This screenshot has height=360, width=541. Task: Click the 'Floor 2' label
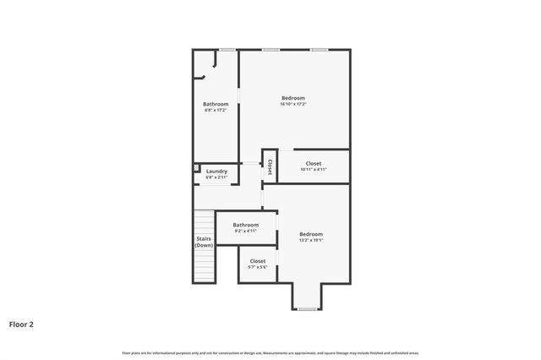pyautogui.click(x=21, y=324)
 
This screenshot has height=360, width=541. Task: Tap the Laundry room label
pyautogui.click(x=216, y=172)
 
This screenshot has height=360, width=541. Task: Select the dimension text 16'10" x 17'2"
pyautogui.click(x=293, y=104)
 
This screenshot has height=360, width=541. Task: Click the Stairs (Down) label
pyautogui.click(x=204, y=242)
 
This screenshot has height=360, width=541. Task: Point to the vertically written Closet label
pyautogui.click(x=270, y=166)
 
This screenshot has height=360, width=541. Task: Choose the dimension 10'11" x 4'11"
pyautogui.click(x=313, y=169)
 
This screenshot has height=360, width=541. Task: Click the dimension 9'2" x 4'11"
pyautogui.click(x=246, y=231)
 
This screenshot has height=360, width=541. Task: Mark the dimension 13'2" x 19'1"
pyautogui.click(x=311, y=240)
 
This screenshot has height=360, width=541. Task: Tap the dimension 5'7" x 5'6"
pyautogui.click(x=258, y=267)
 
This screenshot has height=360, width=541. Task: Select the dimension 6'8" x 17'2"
pyautogui.click(x=216, y=110)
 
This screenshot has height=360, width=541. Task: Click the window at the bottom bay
pyautogui.click(x=307, y=309)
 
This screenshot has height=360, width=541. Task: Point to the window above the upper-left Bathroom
pyautogui.click(x=227, y=50)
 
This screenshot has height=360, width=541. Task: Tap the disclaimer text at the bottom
pyautogui.click(x=270, y=352)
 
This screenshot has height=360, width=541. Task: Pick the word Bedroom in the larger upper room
pyautogui.click(x=293, y=98)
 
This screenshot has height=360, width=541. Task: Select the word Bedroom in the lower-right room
pyautogui.click(x=311, y=234)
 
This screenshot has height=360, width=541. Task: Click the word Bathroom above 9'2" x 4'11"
pyautogui.click(x=246, y=225)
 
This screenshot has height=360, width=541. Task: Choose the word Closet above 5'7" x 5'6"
pyautogui.click(x=258, y=261)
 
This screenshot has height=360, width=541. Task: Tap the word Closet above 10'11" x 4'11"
pyautogui.click(x=313, y=163)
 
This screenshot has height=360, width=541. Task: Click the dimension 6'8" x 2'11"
pyautogui.click(x=216, y=177)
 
